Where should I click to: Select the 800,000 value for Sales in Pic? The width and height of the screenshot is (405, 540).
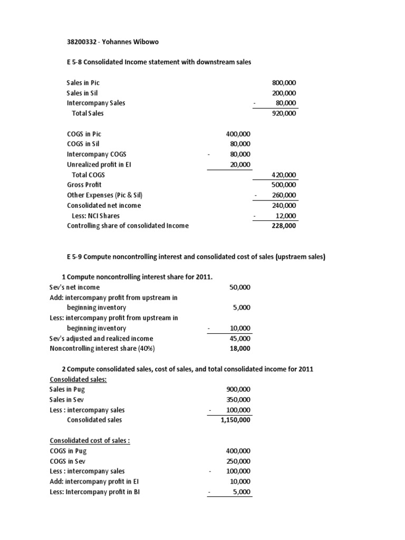point(284,83)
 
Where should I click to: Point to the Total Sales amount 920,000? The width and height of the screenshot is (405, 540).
point(284,113)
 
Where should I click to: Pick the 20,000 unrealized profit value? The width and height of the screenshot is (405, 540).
point(239,165)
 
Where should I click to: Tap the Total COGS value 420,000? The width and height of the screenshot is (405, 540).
point(284,175)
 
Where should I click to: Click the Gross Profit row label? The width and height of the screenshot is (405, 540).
point(84,185)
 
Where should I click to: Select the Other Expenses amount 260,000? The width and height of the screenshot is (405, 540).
point(284,195)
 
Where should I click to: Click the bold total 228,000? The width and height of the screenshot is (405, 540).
point(284,226)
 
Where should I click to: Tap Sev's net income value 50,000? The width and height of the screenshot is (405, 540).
point(240,287)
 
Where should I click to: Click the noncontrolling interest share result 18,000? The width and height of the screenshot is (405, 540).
point(240,349)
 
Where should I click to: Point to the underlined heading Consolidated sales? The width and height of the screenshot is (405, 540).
point(78,379)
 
